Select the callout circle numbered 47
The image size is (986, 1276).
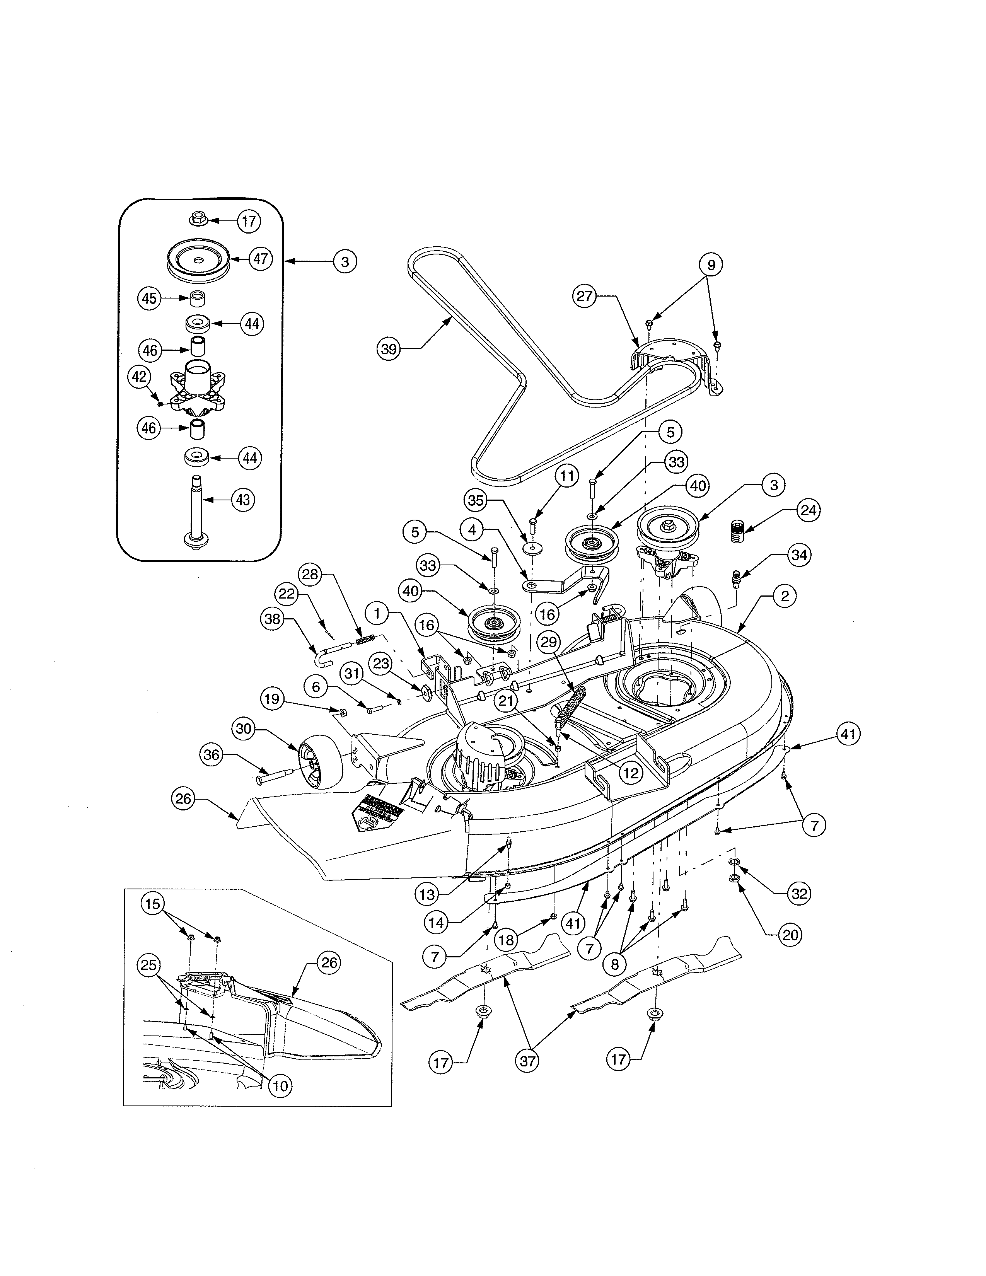coord(261,258)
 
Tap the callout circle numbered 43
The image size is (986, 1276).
coord(242,500)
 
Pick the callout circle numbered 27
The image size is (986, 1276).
coord(584,296)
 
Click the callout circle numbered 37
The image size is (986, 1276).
coord(527,1061)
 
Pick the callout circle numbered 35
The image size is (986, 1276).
coord(476,501)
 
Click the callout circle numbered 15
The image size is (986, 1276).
coord(152,904)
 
